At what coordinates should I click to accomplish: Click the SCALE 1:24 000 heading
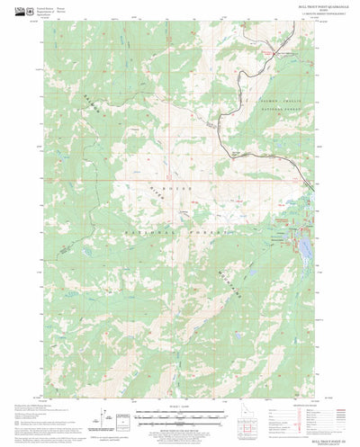[x=179, y=412]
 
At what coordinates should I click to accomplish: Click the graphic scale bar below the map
[x=179, y=418]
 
